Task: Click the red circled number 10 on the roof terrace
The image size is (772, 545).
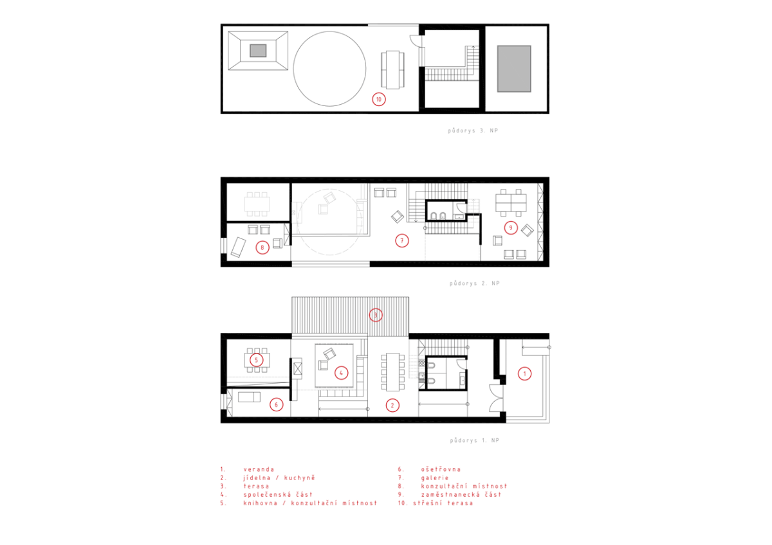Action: [378, 100]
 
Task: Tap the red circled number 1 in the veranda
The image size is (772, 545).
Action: [524, 373]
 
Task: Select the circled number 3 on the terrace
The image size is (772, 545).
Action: [375, 315]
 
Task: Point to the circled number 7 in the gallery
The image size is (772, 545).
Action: [402, 240]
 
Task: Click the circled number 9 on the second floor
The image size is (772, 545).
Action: [511, 228]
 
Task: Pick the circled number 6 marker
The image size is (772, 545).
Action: [276, 404]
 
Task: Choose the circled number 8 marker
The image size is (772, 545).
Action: [262, 247]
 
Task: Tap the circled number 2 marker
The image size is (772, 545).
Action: [392, 406]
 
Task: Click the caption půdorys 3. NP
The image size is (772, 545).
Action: [473, 130]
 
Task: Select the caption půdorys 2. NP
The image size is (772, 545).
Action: [474, 283]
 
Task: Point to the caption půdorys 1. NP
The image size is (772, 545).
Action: [475, 440]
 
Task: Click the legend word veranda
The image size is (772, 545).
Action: [259, 469]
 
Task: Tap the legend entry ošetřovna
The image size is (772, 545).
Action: [441, 469]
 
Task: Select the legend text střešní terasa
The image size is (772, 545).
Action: [443, 503]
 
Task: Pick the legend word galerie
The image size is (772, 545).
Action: [435, 478]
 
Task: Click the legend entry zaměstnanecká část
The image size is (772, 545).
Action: [461, 494]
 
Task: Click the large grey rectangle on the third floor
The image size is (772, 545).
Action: [514, 69]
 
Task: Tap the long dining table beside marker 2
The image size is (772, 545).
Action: [392, 372]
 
